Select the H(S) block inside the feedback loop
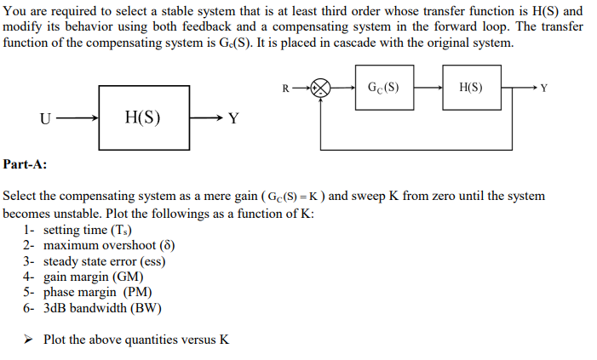[471, 87]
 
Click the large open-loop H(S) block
[142, 117]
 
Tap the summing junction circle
[321, 87]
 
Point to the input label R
[284, 87]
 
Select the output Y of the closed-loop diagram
[545, 88]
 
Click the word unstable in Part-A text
[81, 213]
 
